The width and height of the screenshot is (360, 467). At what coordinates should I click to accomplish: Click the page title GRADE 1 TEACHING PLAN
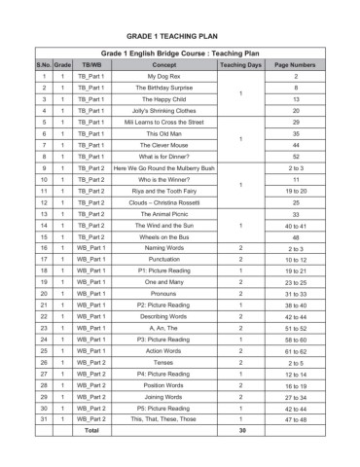coord(179,31)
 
